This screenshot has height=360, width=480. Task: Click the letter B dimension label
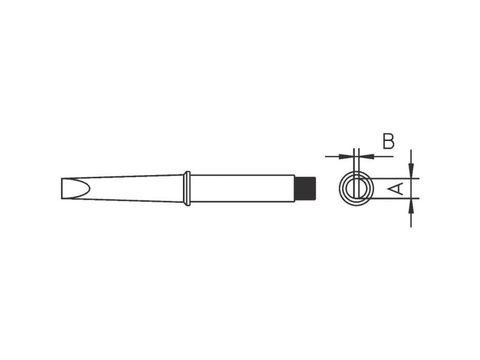click(x=388, y=142)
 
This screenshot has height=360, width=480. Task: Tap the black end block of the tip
click(x=305, y=188)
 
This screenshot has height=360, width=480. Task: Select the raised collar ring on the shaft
click(x=187, y=188)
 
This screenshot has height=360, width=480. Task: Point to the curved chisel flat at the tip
click(x=76, y=188)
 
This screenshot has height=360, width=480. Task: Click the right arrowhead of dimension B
click(x=367, y=157)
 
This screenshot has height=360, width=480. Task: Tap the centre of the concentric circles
click(x=356, y=188)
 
